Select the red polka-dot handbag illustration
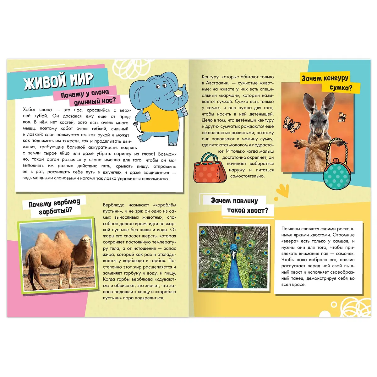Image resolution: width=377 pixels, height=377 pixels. coord(209,169)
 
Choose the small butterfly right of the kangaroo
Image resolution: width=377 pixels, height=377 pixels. coord(342,117)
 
